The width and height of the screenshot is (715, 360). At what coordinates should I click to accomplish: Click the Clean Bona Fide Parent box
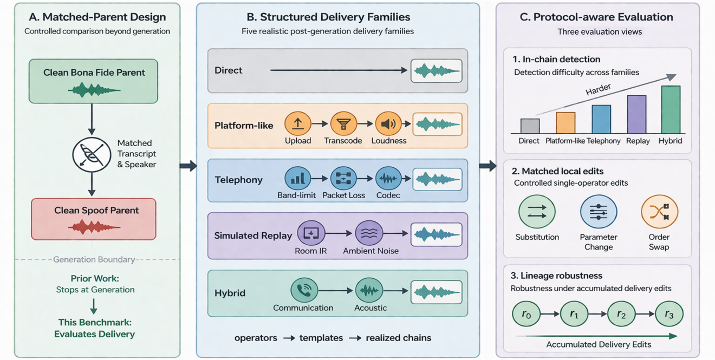click(x=93, y=81)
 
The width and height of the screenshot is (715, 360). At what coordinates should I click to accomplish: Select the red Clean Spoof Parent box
click(x=93, y=219)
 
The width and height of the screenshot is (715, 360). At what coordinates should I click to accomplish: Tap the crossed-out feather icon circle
click(x=92, y=154)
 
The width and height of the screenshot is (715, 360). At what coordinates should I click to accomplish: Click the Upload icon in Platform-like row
click(x=298, y=124)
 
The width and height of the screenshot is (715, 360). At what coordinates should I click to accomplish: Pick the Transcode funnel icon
click(x=343, y=124)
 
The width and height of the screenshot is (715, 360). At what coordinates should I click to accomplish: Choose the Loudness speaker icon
click(x=388, y=124)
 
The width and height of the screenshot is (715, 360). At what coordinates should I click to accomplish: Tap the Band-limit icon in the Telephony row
click(x=297, y=179)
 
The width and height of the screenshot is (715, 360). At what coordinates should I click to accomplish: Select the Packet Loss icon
click(x=343, y=179)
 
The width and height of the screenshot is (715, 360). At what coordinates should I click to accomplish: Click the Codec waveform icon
click(x=388, y=179)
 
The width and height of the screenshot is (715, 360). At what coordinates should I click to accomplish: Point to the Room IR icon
click(x=311, y=234)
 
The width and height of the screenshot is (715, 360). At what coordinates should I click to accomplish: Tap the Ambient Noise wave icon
click(x=369, y=234)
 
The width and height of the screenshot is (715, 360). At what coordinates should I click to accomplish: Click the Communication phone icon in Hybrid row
click(x=304, y=291)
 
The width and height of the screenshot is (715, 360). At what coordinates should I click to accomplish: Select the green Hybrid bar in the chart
click(x=671, y=110)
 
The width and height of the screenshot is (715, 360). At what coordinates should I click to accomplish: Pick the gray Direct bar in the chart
click(x=530, y=126)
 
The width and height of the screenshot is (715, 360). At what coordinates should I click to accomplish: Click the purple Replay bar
click(x=636, y=114)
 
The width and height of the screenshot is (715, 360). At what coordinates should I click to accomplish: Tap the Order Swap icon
click(x=659, y=212)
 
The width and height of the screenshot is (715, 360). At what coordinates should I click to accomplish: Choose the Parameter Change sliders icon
click(x=599, y=212)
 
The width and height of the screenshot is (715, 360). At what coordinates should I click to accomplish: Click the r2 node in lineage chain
click(x=621, y=314)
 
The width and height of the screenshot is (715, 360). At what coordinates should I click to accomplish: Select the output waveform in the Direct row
click(x=437, y=71)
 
